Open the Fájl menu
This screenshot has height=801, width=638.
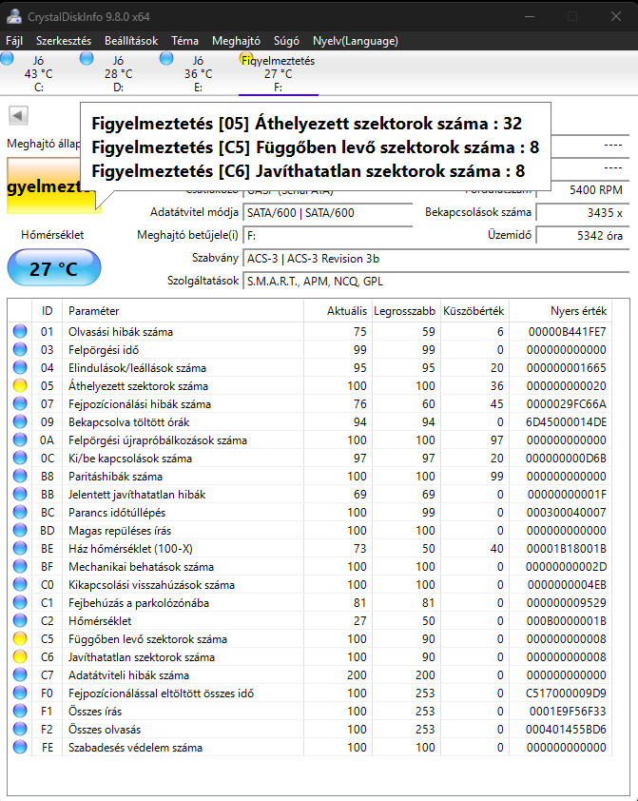(14, 41)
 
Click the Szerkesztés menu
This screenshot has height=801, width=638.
(64, 41)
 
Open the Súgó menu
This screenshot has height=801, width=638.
(285, 41)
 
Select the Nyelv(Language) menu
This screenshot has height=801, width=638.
(355, 41)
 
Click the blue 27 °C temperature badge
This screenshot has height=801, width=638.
(53, 268)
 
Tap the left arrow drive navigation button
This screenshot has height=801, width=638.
(17, 115)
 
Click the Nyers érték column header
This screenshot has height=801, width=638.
(578, 311)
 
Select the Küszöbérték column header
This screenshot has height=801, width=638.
(479, 311)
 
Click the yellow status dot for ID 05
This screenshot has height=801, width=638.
(19, 386)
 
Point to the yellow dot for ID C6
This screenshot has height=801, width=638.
(19, 657)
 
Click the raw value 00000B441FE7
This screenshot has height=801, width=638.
(570, 332)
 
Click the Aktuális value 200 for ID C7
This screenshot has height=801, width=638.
(355, 675)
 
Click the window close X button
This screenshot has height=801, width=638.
(614, 16)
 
